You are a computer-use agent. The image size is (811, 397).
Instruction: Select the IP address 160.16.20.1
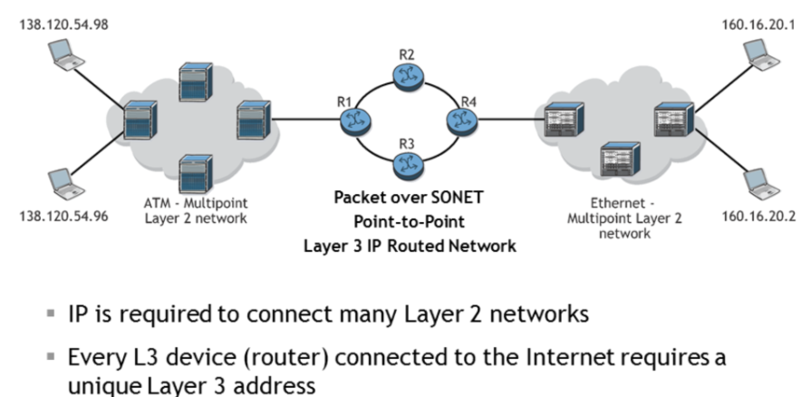759,23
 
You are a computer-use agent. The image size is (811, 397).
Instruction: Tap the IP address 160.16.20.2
759,218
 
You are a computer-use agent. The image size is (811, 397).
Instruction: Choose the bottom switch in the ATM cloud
195,170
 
